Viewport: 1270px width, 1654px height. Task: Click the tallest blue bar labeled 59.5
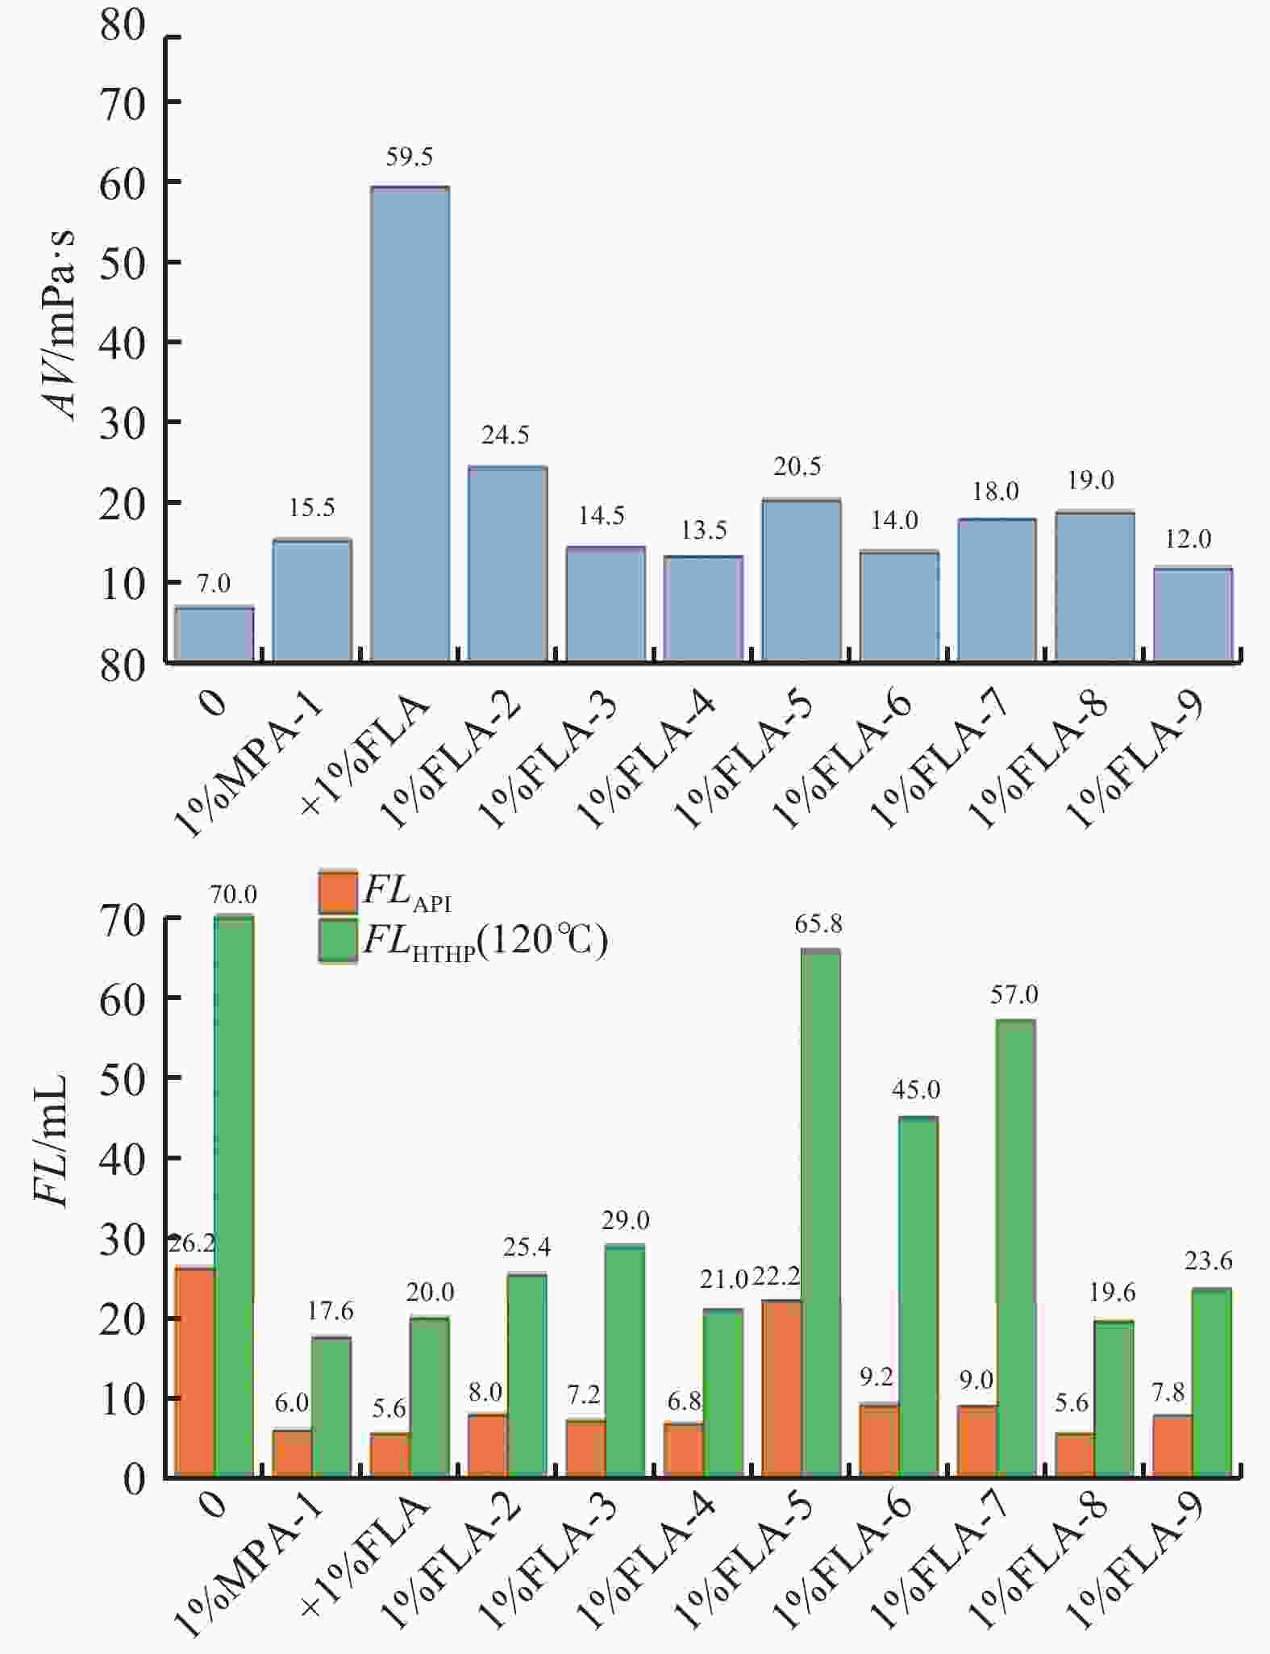[410, 423]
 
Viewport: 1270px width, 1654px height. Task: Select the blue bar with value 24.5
[507, 565]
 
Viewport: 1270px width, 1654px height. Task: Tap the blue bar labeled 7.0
[214, 635]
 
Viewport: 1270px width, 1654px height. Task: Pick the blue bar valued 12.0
[1193, 615]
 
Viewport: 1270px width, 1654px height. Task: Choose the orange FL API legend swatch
[338, 891]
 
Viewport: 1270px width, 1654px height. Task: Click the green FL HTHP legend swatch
[338, 940]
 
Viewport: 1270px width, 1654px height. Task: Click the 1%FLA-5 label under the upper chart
[743, 762]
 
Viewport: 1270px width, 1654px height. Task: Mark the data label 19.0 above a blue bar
[1090, 481]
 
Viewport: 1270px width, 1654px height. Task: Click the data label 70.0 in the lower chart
[234, 894]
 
